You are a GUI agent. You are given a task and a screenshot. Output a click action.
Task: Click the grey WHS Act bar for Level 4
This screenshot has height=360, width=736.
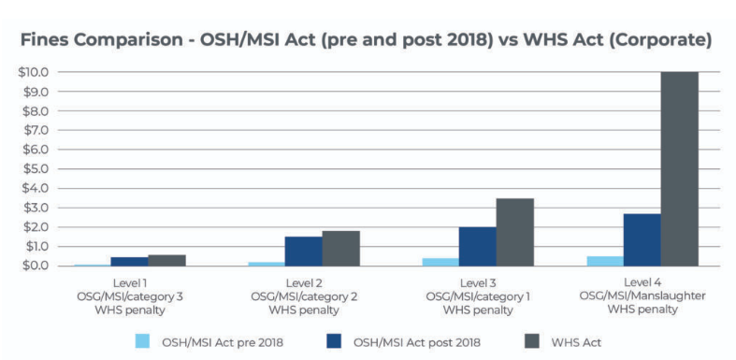click(x=679, y=168)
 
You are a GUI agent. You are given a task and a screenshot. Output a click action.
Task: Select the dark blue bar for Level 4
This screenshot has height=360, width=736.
click(x=642, y=239)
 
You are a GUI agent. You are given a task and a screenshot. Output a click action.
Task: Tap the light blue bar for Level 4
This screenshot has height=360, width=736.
click(x=604, y=261)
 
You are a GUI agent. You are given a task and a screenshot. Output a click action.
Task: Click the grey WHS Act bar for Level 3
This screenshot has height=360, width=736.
click(x=514, y=232)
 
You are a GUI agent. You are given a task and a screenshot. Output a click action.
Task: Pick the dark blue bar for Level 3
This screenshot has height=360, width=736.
click(x=477, y=246)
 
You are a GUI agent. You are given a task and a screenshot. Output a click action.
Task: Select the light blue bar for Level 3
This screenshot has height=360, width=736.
click(x=440, y=262)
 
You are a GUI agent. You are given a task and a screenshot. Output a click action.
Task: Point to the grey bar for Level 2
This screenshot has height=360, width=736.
click(x=340, y=248)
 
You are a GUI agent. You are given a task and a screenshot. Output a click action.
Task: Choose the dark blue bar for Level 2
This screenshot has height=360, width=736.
click(x=303, y=251)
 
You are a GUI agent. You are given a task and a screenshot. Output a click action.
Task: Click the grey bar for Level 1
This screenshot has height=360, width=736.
click(x=166, y=260)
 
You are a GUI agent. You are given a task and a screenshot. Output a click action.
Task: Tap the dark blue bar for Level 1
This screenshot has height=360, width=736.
click(x=129, y=261)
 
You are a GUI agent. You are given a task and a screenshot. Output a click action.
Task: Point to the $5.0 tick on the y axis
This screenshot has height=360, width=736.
click(x=36, y=168)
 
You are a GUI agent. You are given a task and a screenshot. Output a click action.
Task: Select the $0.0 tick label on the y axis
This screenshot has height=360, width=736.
click(x=36, y=266)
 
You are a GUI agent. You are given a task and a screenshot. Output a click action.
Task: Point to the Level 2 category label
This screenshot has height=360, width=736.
click(x=303, y=282)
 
